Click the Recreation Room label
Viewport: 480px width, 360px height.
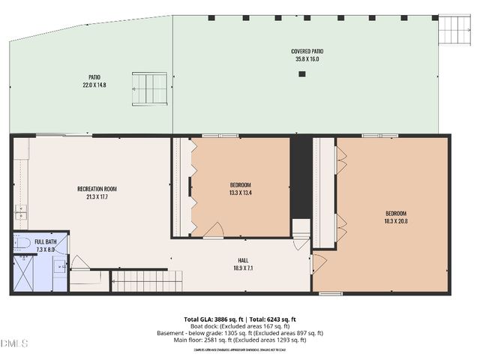point(97,188)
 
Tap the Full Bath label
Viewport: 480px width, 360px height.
point(45,242)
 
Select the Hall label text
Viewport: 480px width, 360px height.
point(243,259)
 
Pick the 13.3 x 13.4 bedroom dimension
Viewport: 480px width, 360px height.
point(240,193)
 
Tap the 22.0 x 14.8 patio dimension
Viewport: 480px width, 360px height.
point(94,85)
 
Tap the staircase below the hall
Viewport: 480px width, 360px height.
point(147,281)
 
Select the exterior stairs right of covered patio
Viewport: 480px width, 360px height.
point(453,29)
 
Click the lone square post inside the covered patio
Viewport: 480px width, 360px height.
point(302,73)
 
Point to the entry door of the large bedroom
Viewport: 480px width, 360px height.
point(319,262)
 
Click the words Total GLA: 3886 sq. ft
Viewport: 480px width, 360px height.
point(210,319)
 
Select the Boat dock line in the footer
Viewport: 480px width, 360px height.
point(239,326)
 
